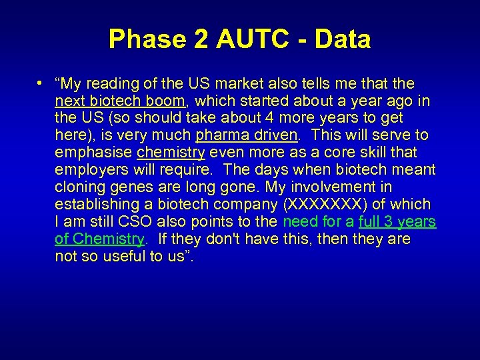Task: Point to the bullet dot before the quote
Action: click(41, 83)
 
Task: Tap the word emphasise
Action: click(93, 153)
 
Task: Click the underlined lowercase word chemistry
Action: click(171, 153)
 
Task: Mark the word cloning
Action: click(79, 187)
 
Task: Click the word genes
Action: click(127, 187)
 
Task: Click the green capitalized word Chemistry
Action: click(108, 239)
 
